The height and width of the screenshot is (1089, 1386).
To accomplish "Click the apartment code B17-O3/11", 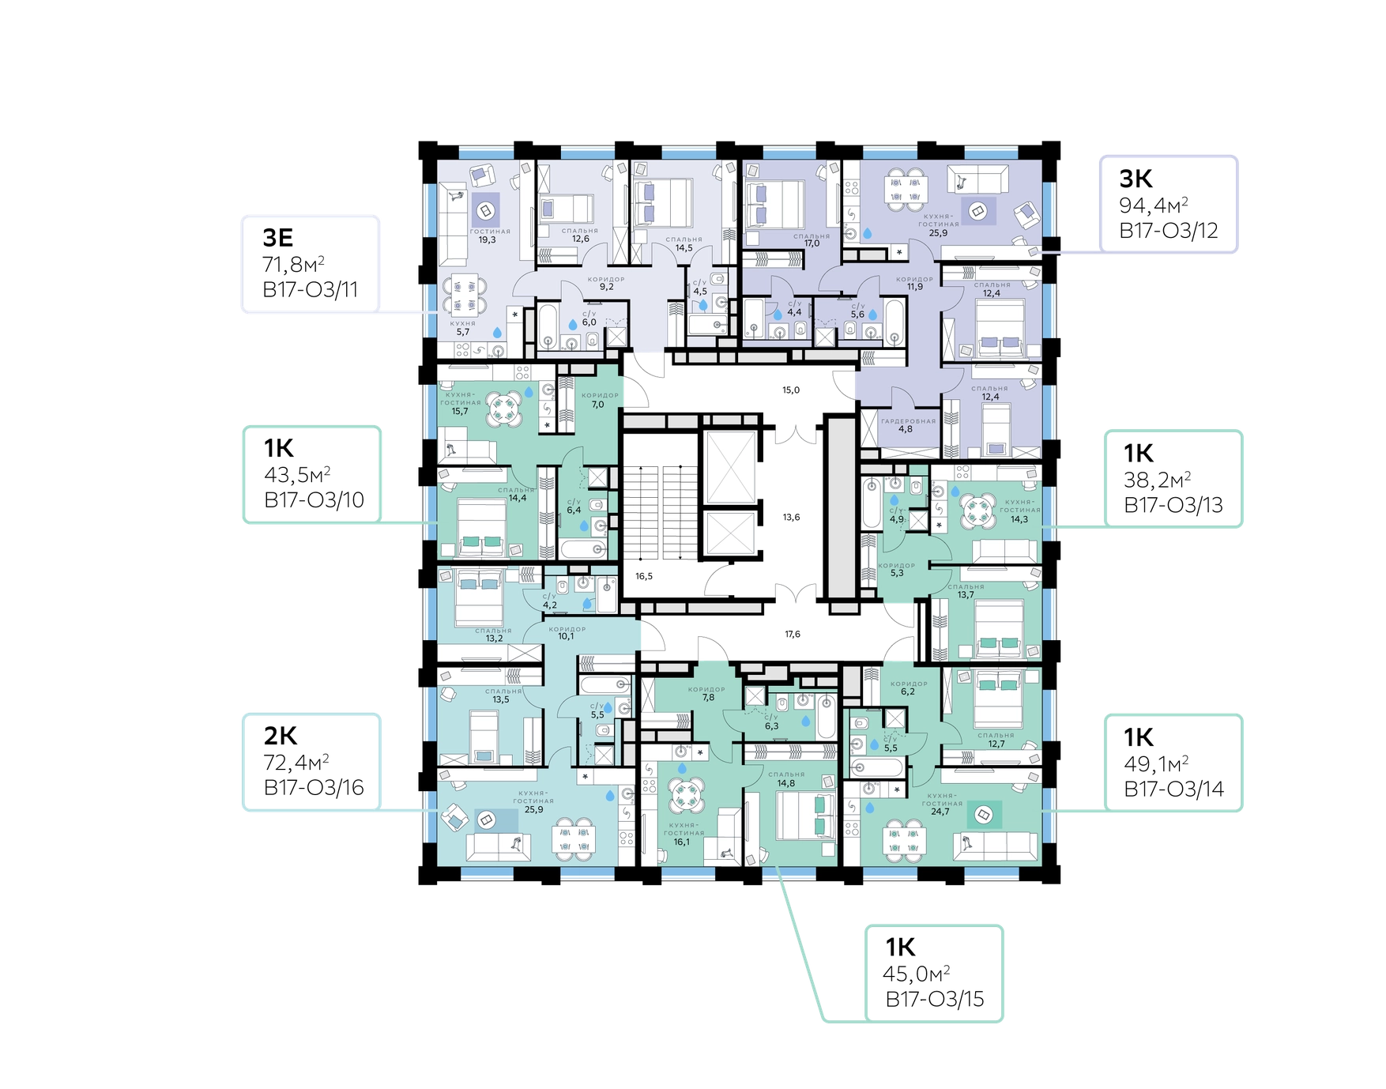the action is pyautogui.click(x=311, y=290).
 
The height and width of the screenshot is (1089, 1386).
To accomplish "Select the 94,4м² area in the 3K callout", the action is pyautogui.click(x=1154, y=205).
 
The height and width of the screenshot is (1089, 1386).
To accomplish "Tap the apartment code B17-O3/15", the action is pyautogui.click(x=935, y=1000).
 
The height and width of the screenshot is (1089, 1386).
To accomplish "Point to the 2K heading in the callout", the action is pyautogui.click(x=281, y=736).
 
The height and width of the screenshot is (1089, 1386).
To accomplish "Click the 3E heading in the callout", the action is pyautogui.click(x=278, y=237).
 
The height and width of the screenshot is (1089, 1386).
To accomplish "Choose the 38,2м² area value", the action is pyautogui.click(x=1158, y=480).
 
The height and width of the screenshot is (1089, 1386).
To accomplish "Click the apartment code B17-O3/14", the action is pyautogui.click(x=1173, y=789).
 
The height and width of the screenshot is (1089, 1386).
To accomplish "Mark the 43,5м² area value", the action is pyautogui.click(x=297, y=475).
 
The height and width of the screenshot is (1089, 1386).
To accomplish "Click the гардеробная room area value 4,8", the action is pyautogui.click(x=906, y=429).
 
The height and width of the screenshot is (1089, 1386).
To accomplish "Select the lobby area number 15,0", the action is pyautogui.click(x=791, y=390).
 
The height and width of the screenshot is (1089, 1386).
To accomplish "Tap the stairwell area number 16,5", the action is pyautogui.click(x=644, y=576).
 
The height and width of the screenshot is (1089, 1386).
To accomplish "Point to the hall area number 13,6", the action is pyautogui.click(x=791, y=518).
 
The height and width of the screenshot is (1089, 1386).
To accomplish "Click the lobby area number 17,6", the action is pyautogui.click(x=793, y=634).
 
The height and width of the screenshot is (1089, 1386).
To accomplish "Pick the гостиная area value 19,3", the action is pyautogui.click(x=487, y=240).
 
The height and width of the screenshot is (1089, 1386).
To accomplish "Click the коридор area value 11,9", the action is pyautogui.click(x=915, y=287).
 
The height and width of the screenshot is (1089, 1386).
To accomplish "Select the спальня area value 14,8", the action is pyautogui.click(x=786, y=784).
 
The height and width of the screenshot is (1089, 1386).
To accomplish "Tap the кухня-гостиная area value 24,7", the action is pyautogui.click(x=940, y=812).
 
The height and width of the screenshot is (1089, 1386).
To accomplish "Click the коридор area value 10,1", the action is pyautogui.click(x=567, y=636).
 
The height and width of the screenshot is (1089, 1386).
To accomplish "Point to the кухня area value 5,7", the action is pyautogui.click(x=463, y=332).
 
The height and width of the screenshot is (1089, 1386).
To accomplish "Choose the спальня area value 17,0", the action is pyautogui.click(x=812, y=244).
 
